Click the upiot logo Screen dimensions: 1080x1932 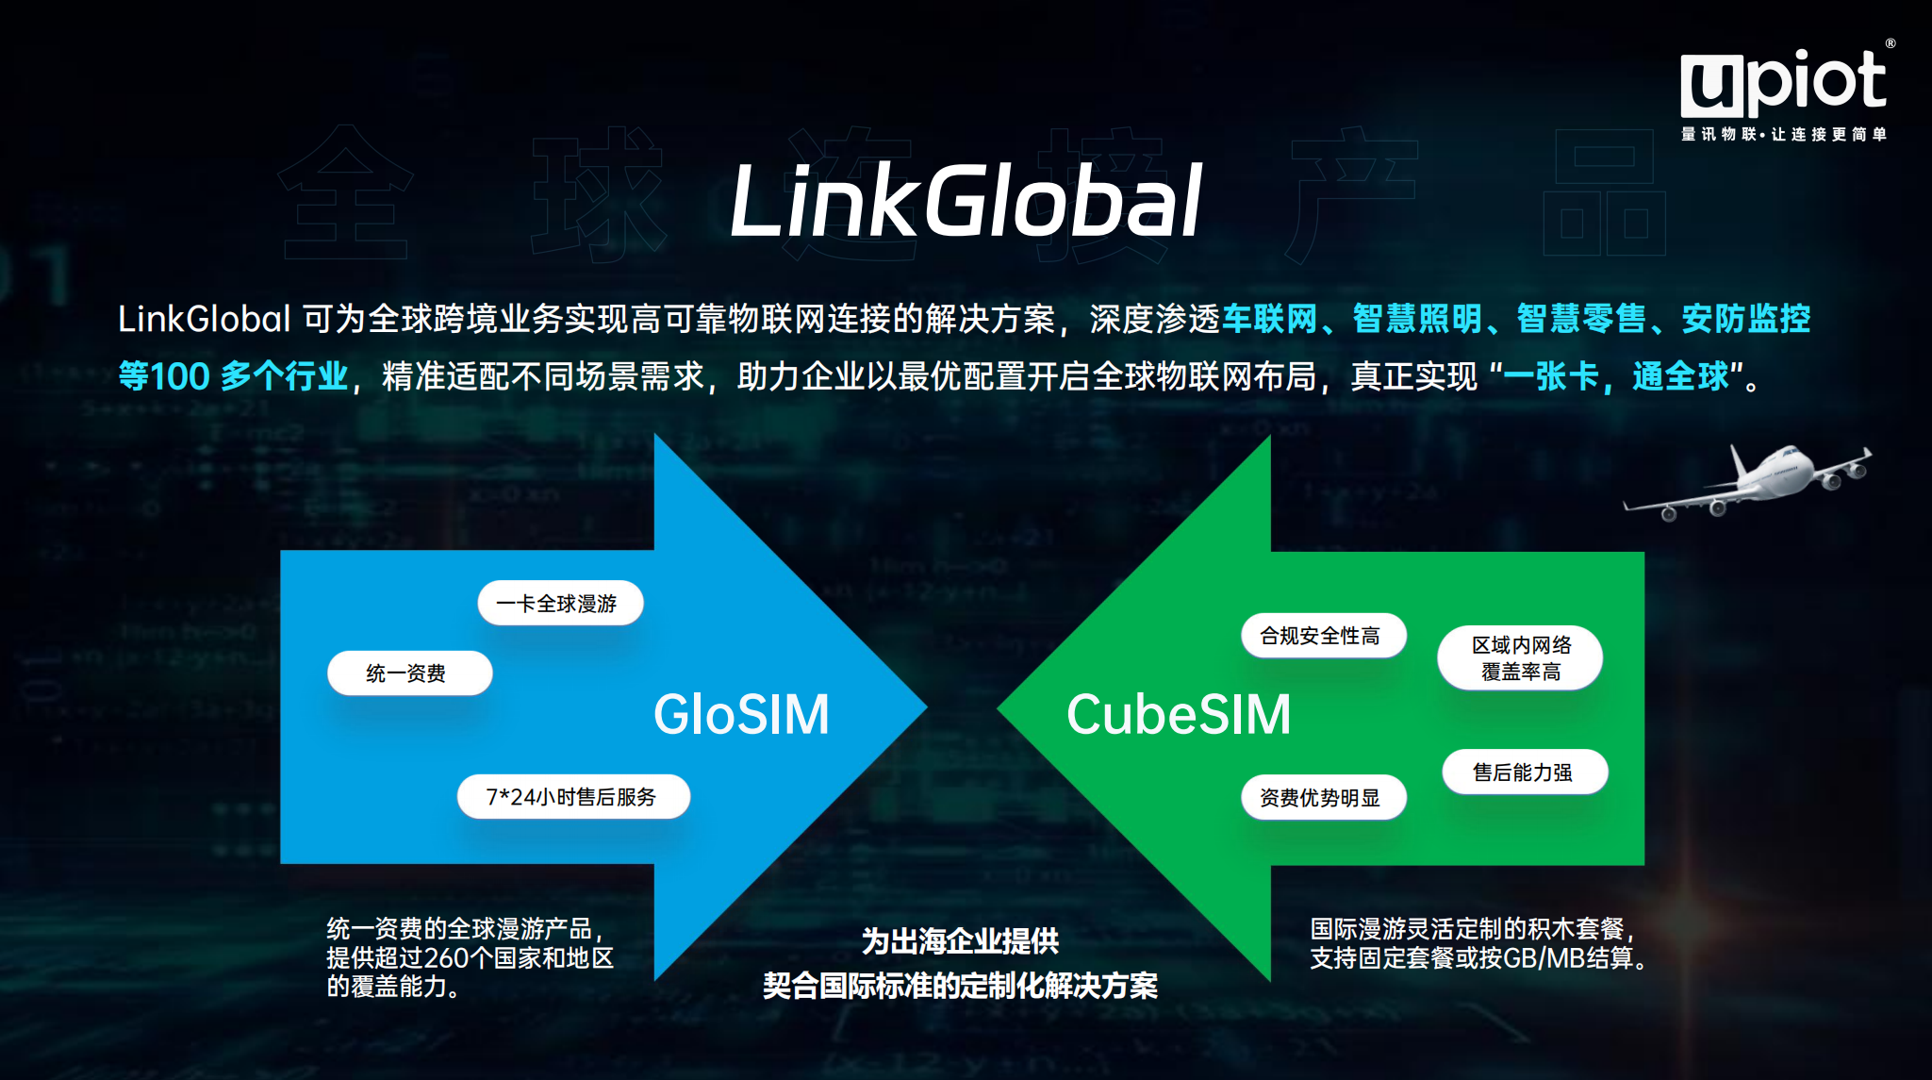[x=1782, y=83]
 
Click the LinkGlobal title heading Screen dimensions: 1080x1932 [x=966, y=201]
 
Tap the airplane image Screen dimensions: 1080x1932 [x=1749, y=481]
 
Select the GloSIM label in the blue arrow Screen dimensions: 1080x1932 [x=741, y=714]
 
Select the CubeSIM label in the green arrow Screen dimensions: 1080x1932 [x=1179, y=714]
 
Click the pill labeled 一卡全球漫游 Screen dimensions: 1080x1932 [x=560, y=604]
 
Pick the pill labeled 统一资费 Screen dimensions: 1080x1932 [x=409, y=673]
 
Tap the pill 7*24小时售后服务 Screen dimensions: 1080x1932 [x=573, y=797]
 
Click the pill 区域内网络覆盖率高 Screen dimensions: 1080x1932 [x=1520, y=658]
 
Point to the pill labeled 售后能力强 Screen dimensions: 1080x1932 [x=1524, y=773]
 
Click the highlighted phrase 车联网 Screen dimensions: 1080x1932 [x=1269, y=320]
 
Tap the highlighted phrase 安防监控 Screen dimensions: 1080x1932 [x=1745, y=320]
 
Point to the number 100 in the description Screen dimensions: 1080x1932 [x=179, y=376]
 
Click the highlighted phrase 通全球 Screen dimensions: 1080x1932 [x=1680, y=376]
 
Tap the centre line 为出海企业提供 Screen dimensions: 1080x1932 [x=960, y=941]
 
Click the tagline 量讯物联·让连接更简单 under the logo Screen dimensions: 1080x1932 [x=1783, y=135]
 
